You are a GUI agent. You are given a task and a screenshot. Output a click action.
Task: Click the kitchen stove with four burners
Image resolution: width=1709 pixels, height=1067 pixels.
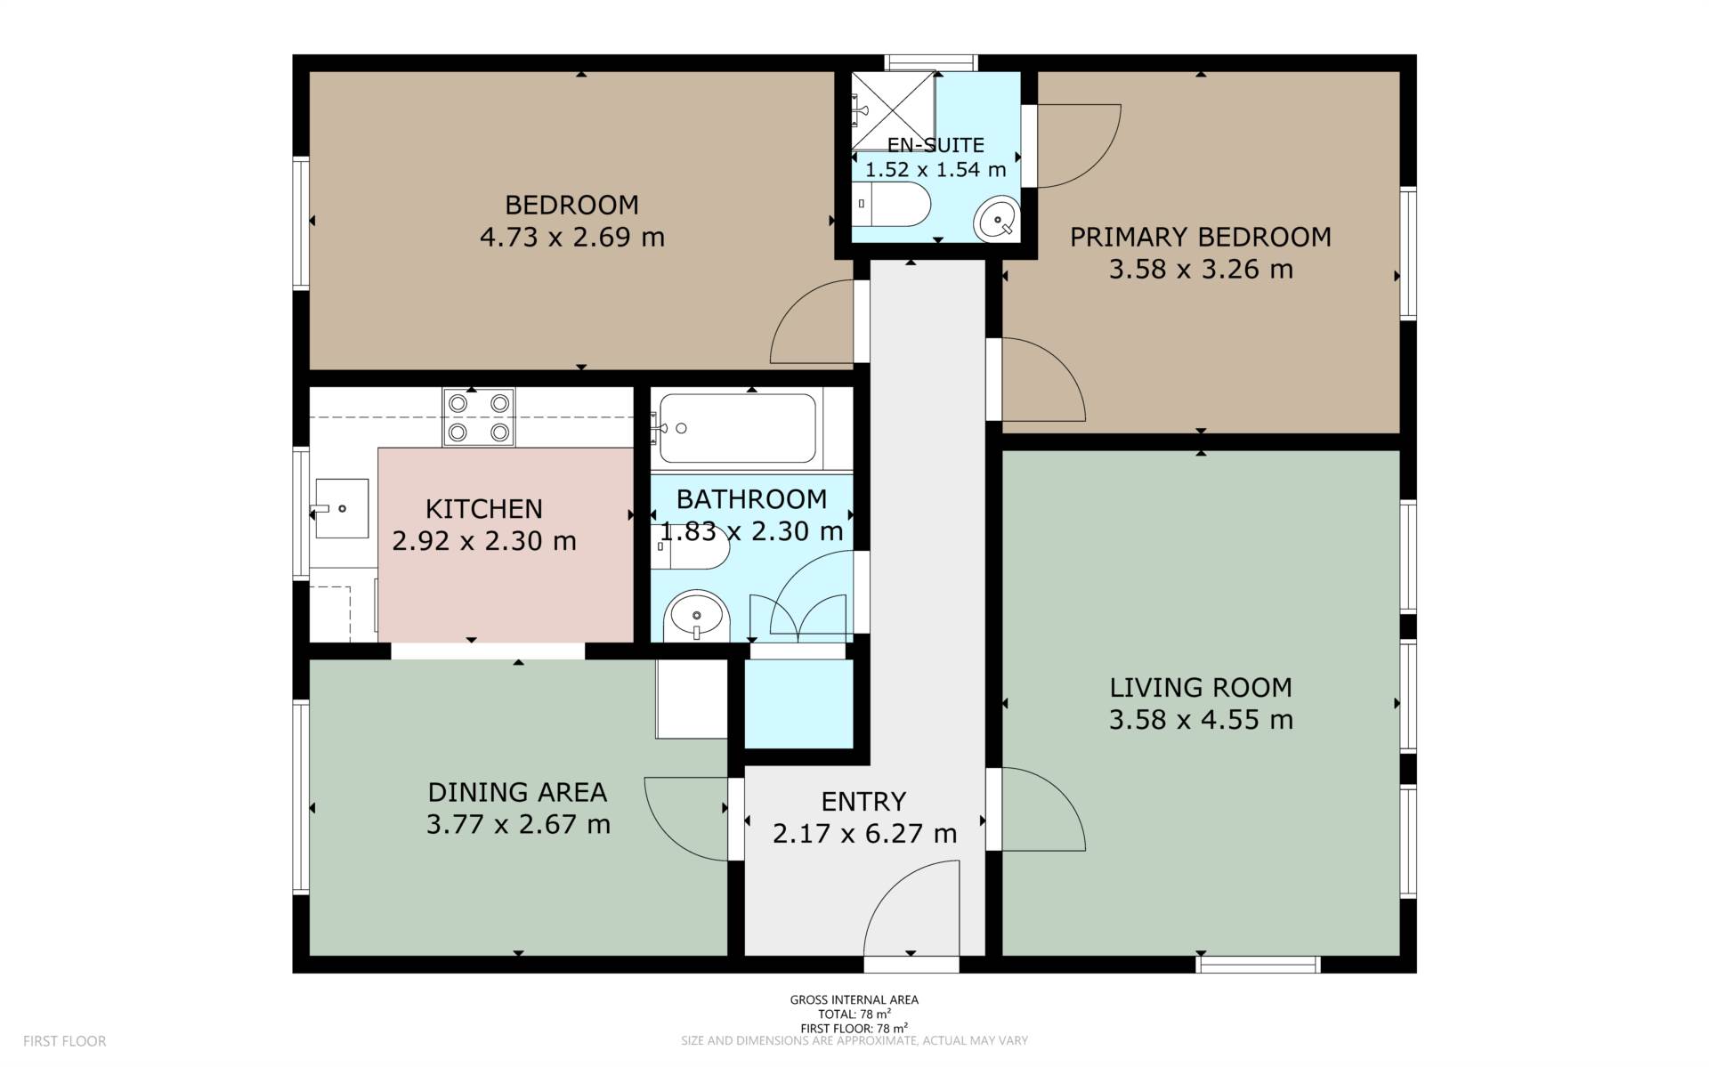pyautogui.click(x=479, y=417)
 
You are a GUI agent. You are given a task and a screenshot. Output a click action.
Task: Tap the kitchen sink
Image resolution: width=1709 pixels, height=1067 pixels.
pyautogui.click(x=341, y=508)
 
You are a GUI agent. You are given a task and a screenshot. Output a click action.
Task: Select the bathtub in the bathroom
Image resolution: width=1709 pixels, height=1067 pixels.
pyautogui.click(x=737, y=428)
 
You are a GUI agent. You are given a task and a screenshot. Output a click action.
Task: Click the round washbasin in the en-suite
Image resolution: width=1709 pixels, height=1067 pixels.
pyautogui.click(x=996, y=219)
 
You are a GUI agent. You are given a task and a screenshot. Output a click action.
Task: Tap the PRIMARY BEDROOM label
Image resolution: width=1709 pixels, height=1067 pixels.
pyautogui.click(x=1201, y=237)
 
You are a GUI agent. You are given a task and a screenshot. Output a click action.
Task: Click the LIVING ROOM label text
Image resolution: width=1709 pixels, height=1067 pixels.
pyautogui.click(x=1201, y=687)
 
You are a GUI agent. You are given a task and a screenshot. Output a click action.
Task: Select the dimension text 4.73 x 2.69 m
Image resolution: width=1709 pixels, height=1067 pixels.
pyautogui.click(x=572, y=238)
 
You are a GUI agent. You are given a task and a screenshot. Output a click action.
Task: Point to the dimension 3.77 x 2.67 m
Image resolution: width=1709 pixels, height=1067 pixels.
pyautogui.click(x=518, y=824)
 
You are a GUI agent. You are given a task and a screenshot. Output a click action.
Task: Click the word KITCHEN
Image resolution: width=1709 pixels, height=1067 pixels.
pyautogui.click(x=484, y=509)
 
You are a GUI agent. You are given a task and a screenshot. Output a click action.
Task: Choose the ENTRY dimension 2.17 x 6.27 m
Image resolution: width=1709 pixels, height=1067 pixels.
pyautogui.click(x=864, y=834)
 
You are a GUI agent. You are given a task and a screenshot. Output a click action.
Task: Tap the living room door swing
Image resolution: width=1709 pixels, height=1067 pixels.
pyautogui.click(x=1059, y=792)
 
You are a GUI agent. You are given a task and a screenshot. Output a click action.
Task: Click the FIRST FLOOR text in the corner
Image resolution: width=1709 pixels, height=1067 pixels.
pyautogui.click(x=64, y=1041)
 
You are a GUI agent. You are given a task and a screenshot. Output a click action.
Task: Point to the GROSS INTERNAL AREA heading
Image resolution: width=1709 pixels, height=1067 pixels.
pyautogui.click(x=854, y=999)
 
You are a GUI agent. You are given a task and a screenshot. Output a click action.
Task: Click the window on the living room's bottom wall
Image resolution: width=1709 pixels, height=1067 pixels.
pyautogui.click(x=1258, y=965)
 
